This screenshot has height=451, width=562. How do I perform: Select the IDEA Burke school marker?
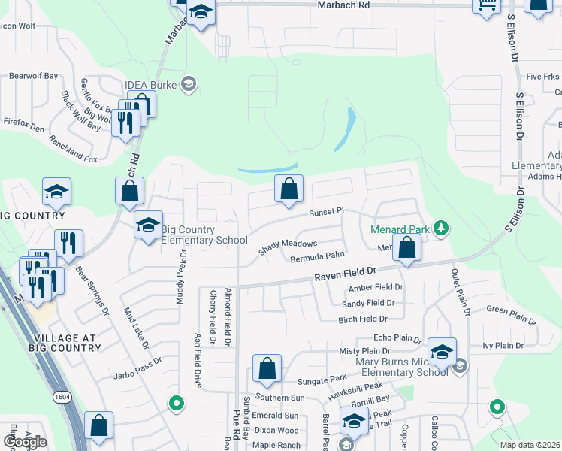[189, 83]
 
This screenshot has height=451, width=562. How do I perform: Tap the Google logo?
[25, 442]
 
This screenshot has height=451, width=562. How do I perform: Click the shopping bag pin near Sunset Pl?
[289, 189]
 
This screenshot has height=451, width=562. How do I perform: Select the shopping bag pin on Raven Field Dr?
[406, 248]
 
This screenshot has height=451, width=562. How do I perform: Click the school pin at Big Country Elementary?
[148, 224]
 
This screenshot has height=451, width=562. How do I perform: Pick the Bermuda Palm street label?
[317, 257]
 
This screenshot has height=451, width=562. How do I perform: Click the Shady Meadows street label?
[287, 247]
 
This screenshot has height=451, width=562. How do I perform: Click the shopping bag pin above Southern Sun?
[267, 369]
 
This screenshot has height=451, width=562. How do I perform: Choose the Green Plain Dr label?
[511, 316]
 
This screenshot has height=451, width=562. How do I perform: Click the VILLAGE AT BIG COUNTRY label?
[65, 343]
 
